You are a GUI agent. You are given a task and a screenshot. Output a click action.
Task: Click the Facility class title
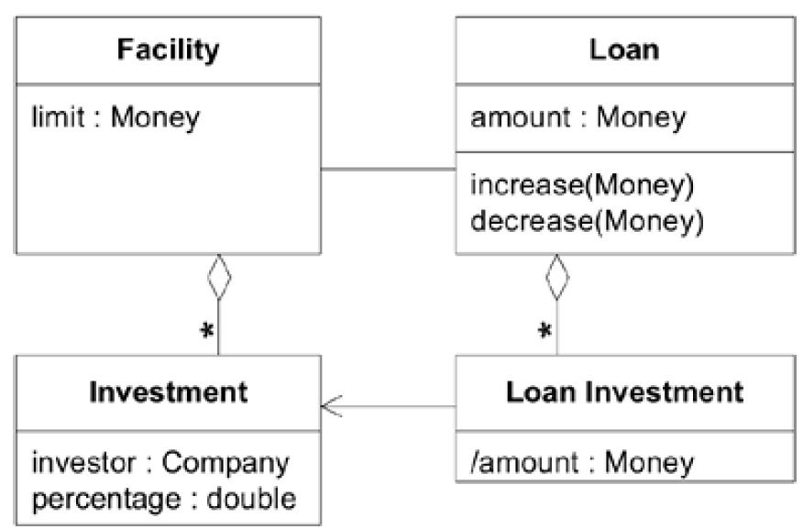point(167,50)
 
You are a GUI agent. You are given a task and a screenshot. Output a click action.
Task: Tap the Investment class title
point(168,392)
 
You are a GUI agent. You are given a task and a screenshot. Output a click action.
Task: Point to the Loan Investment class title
point(624,392)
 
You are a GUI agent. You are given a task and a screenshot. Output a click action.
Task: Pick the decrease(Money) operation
point(587,221)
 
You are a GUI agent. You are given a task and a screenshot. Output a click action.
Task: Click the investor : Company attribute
point(159,462)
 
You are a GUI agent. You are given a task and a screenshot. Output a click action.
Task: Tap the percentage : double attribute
point(163,499)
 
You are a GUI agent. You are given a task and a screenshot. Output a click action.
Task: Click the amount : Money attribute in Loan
point(577,117)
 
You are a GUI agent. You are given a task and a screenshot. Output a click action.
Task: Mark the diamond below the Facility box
point(218,276)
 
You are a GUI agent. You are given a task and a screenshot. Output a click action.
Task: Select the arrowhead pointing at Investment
point(331,406)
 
